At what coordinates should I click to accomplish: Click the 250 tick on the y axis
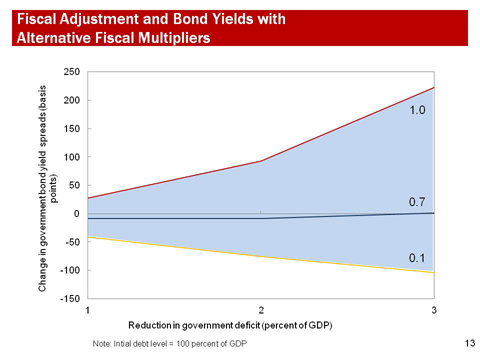(x=73, y=72)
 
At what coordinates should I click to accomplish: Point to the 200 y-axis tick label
(x=73, y=101)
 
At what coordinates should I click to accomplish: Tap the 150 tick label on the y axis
(x=73, y=129)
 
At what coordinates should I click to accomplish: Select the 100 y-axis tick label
(x=73, y=157)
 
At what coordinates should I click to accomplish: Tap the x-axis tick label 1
(x=88, y=311)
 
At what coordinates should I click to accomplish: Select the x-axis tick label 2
(x=261, y=311)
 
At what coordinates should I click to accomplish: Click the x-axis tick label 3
(x=433, y=311)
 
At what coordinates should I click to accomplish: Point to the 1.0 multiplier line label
(x=419, y=110)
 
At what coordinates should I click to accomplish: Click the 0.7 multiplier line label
(x=419, y=202)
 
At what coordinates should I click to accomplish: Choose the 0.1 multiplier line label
(x=419, y=258)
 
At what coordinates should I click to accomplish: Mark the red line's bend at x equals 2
(x=261, y=161)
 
